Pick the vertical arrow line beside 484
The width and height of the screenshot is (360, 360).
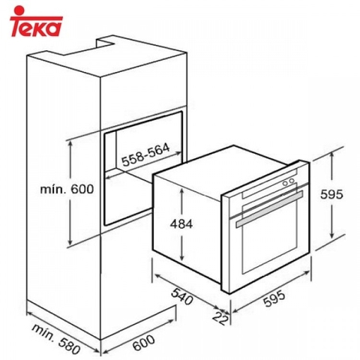coord(181,223)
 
